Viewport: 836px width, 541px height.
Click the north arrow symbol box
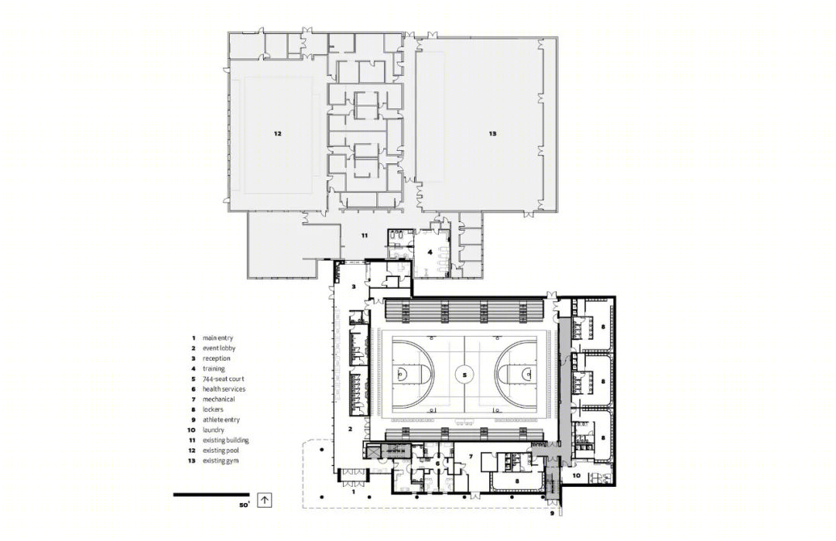[x=265, y=500]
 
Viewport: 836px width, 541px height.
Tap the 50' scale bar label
[x=243, y=504]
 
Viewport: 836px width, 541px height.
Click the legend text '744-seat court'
[x=224, y=379]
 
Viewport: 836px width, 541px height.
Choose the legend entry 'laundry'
[x=214, y=430]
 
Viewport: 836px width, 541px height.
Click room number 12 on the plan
[x=277, y=133]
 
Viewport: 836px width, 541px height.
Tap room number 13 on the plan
[x=492, y=133]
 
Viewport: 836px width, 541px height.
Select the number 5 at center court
[x=464, y=375]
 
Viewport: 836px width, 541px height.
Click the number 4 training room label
[x=429, y=252]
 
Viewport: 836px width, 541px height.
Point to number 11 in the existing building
[x=364, y=234]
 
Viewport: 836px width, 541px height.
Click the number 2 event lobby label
[x=350, y=428]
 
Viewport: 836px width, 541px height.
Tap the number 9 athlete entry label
[x=553, y=512]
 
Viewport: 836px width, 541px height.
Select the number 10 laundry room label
[x=576, y=475]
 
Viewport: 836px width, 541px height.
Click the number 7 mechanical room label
[x=469, y=457]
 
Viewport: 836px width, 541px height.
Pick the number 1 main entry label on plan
[x=354, y=491]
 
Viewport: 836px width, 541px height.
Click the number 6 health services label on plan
[x=438, y=464]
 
